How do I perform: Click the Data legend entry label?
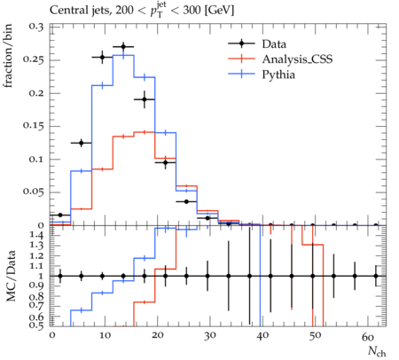coord(274,44)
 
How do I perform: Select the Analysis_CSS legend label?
coord(297,59)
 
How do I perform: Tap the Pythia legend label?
coord(278,74)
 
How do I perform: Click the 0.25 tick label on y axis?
coord(33,60)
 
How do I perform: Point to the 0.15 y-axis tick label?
coord(33,126)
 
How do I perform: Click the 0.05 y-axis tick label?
coord(33,192)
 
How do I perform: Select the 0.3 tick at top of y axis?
coord(35,27)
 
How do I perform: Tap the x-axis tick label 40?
coord(262,336)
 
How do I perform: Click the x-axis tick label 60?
coord(368,336)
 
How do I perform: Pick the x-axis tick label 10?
coord(105,336)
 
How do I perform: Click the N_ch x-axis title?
coord(377,352)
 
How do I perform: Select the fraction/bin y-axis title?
coord(8,56)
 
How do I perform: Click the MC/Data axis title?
coord(11,276)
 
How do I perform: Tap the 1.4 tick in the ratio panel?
coord(38,236)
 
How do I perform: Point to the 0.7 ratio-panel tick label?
coord(38,306)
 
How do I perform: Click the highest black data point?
coord(123,47)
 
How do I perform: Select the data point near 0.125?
coord(82,143)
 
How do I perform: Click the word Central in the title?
coord(66,11)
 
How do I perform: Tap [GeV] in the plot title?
coord(220,11)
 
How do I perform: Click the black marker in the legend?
coord(241,43)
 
